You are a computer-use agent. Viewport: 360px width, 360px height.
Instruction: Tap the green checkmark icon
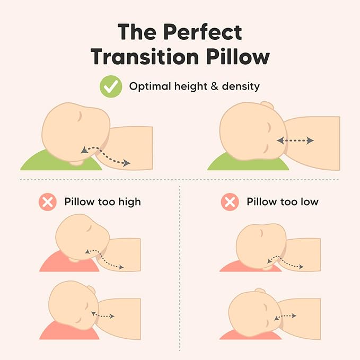(111, 86)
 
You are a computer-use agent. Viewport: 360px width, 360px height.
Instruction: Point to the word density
(238, 86)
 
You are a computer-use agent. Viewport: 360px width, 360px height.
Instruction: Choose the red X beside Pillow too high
(48, 201)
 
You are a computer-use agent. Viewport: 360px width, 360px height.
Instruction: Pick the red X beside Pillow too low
(230, 201)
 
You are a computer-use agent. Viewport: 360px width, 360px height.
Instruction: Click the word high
(129, 202)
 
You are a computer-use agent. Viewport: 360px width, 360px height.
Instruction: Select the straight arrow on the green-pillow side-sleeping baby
(295, 141)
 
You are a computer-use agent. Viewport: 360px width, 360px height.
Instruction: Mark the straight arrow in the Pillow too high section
(103, 316)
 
